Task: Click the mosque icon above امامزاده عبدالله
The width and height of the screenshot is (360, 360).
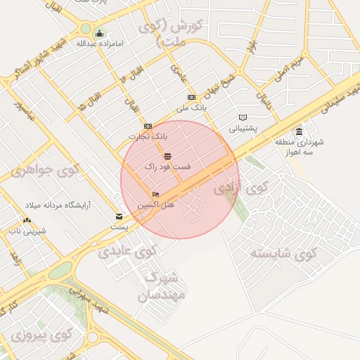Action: pyautogui.click(x=100, y=33)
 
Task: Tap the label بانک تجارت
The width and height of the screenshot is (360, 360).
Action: pyautogui.click(x=149, y=135)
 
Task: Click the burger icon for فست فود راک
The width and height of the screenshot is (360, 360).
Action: pyautogui.click(x=167, y=156)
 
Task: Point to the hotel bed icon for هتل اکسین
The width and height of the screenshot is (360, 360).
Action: pyautogui.click(x=155, y=194)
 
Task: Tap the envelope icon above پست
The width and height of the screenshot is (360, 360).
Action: pyautogui.click(x=119, y=217)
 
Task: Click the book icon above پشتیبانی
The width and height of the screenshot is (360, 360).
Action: pyautogui.click(x=243, y=117)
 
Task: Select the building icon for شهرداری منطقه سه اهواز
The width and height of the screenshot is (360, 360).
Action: pyautogui.click(x=300, y=131)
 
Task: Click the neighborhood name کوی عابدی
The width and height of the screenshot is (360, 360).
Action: pyautogui.click(x=127, y=250)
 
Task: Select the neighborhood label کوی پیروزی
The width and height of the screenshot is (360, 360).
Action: pyautogui.click(x=42, y=335)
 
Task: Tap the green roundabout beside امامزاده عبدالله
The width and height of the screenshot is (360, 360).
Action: pyautogui.click(x=86, y=30)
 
